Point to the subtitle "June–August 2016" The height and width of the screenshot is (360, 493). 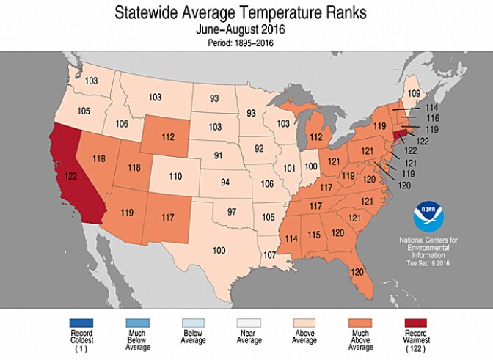[x=246, y=30]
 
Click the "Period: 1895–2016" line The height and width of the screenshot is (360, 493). [x=246, y=43]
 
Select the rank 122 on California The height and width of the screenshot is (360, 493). [x=72, y=177]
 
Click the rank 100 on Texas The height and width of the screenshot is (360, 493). [x=219, y=251]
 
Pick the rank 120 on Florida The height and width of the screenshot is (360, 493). [x=357, y=272]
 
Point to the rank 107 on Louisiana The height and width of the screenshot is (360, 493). [x=269, y=254]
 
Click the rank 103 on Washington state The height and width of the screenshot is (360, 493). [x=90, y=81]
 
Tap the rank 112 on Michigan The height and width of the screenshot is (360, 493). [x=315, y=136]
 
